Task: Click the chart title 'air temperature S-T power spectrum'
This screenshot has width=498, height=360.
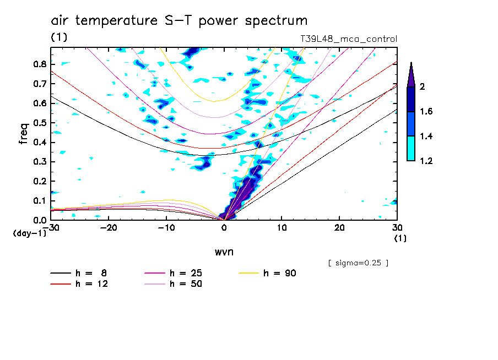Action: pyautogui.click(x=179, y=21)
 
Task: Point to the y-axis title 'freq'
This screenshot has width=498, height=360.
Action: pyautogui.click(x=23, y=134)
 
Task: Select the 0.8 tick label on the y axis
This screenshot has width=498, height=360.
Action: pyautogui.click(x=39, y=64)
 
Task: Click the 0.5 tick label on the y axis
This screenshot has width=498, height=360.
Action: pyautogui.click(x=39, y=123)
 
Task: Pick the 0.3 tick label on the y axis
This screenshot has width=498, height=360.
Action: pyautogui.click(x=39, y=162)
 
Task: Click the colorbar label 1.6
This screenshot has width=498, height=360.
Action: pyautogui.click(x=426, y=112)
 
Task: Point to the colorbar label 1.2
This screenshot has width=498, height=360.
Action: pyautogui.click(x=426, y=161)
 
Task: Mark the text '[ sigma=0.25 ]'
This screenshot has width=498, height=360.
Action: pyautogui.click(x=358, y=263)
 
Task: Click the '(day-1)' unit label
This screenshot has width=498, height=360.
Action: pyautogui.click(x=29, y=233)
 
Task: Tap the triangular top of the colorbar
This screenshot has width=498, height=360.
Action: pyautogui.click(x=411, y=74)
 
